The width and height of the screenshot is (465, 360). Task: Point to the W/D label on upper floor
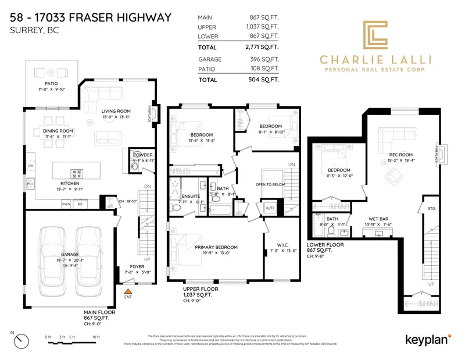pyautogui.click(x=270, y=207)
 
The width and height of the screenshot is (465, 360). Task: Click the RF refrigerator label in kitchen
pyautogui.click(x=80, y=204)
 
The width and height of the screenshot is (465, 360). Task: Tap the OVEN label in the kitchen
pyautogui.click(x=66, y=204)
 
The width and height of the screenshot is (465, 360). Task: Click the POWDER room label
pyautogui.click(x=142, y=155)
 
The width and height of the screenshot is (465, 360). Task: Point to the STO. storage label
pyautogui.click(x=431, y=208)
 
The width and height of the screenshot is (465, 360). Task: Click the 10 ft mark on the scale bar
pyautogui.click(x=96, y=337)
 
